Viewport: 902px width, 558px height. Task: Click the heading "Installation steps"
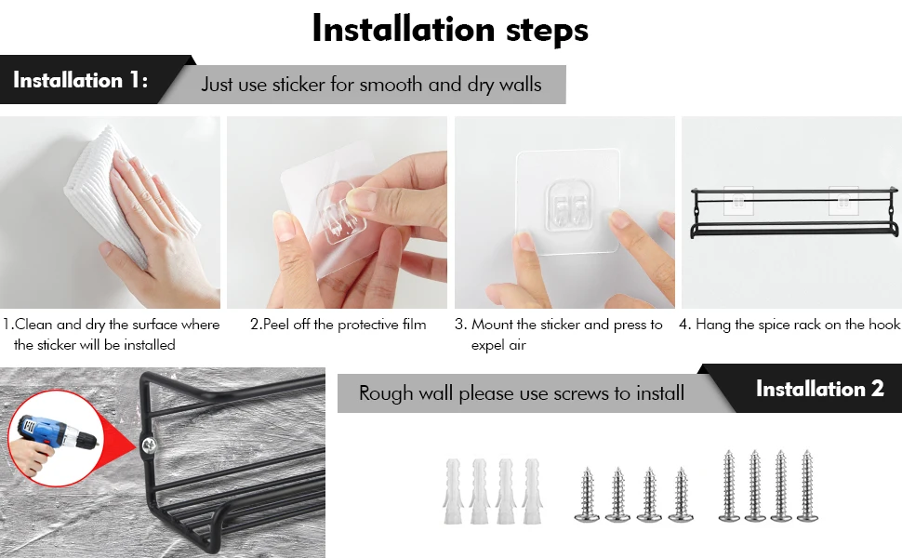click(x=450, y=29)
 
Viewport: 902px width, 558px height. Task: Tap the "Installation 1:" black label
click(x=81, y=80)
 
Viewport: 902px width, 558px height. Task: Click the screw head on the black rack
click(x=149, y=445)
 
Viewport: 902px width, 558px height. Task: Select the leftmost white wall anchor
click(x=453, y=491)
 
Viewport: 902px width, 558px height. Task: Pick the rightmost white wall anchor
click(x=531, y=491)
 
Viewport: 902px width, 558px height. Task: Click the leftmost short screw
click(x=587, y=494)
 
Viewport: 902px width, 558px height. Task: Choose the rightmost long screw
click(x=806, y=485)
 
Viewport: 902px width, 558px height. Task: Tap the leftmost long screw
click(x=729, y=485)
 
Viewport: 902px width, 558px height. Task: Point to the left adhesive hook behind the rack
click(x=738, y=200)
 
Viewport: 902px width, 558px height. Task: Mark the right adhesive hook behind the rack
click(x=843, y=200)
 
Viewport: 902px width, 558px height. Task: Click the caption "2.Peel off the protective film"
click(x=338, y=325)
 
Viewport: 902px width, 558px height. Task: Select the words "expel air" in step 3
click(x=498, y=345)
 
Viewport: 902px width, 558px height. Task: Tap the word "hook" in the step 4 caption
click(x=884, y=325)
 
